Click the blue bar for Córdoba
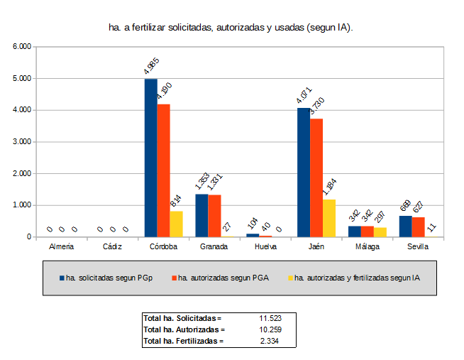pos(150,158)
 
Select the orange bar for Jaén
pos(316,178)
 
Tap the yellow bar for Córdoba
pos(176,224)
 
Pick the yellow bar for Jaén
pos(329,218)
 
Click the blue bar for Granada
pos(201,215)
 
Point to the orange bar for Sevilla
pos(419,227)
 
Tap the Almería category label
pos(61,246)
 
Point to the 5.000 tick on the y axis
pos(23,78)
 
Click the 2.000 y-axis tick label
pos(23,173)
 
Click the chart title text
pos(231,27)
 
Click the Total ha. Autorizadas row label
pos(183,329)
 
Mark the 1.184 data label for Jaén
pos(329,188)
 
